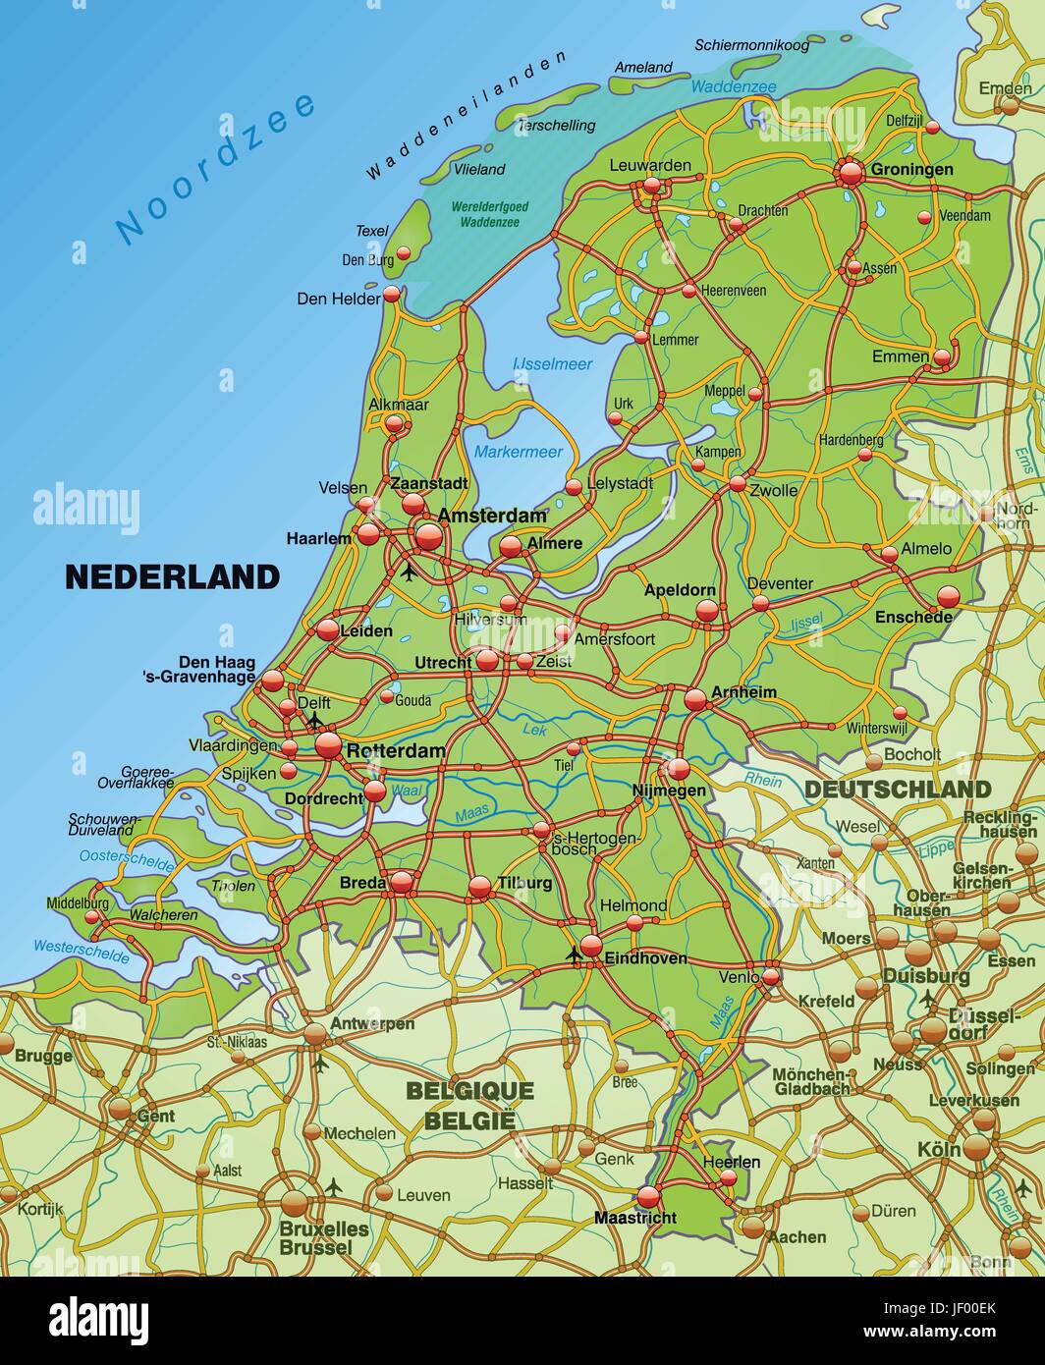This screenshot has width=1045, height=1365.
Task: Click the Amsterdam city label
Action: coord(492,516)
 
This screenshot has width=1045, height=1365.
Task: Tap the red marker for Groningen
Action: coord(851,173)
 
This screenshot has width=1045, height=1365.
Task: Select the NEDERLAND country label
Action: coord(172,576)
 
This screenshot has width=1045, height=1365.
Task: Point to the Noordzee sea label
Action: coord(216,167)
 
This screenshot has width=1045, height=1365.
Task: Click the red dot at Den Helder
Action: coord(392,294)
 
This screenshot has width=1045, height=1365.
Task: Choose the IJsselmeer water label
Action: coord(553,364)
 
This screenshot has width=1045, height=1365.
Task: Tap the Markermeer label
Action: coord(519,452)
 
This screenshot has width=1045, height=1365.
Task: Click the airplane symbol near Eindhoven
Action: coord(575,954)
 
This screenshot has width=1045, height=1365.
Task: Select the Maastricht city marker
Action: coord(648,1196)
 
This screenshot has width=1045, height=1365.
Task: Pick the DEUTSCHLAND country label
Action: coord(898,790)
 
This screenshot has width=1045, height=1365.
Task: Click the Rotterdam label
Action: coord(395,750)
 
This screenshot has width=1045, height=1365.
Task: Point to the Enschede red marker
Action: coord(948,596)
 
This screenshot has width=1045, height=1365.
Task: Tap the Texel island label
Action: coord(372,231)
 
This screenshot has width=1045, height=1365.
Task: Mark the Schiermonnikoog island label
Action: coord(751,45)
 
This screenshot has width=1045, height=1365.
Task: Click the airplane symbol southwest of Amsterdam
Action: coord(409,571)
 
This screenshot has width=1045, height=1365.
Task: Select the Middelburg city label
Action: coord(78,902)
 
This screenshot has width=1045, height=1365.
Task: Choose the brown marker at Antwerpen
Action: coord(315,1033)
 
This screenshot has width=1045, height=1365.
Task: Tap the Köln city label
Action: coord(939,1149)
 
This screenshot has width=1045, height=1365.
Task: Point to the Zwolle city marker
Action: coord(737,483)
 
